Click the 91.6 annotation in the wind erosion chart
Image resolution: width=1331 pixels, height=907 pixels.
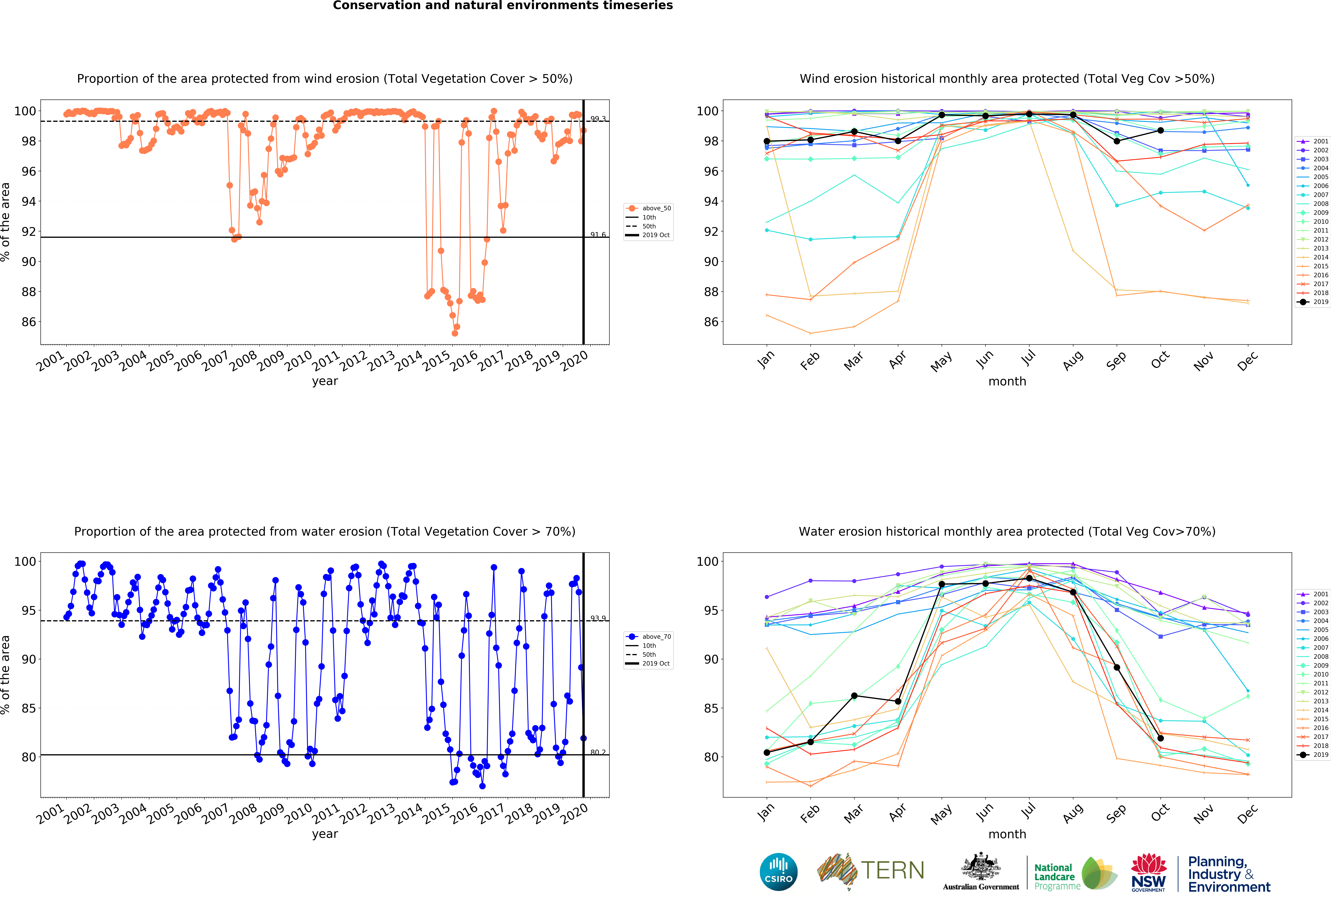point(598,235)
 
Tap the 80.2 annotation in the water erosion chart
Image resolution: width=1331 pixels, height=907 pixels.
point(598,752)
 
